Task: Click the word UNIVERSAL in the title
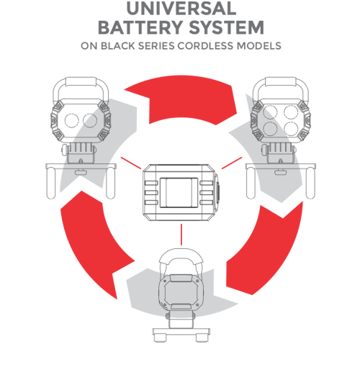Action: (x=181, y=9)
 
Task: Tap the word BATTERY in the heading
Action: (x=140, y=27)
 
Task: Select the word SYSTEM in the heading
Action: (x=227, y=27)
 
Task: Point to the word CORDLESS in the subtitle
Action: (x=205, y=46)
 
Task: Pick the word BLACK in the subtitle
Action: (x=117, y=46)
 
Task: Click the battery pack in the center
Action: (x=181, y=192)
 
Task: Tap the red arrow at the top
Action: (x=181, y=99)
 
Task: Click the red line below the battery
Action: (x=181, y=235)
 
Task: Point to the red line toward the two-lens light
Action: (x=131, y=163)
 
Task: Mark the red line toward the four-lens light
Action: (x=232, y=163)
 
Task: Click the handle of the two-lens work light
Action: (x=81, y=81)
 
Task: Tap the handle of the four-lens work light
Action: (x=280, y=81)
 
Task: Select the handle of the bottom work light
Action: (x=181, y=253)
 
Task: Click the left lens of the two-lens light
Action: (x=72, y=120)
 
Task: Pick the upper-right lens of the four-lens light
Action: (x=291, y=112)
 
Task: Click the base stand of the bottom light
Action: (x=181, y=335)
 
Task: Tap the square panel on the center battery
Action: (x=179, y=193)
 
